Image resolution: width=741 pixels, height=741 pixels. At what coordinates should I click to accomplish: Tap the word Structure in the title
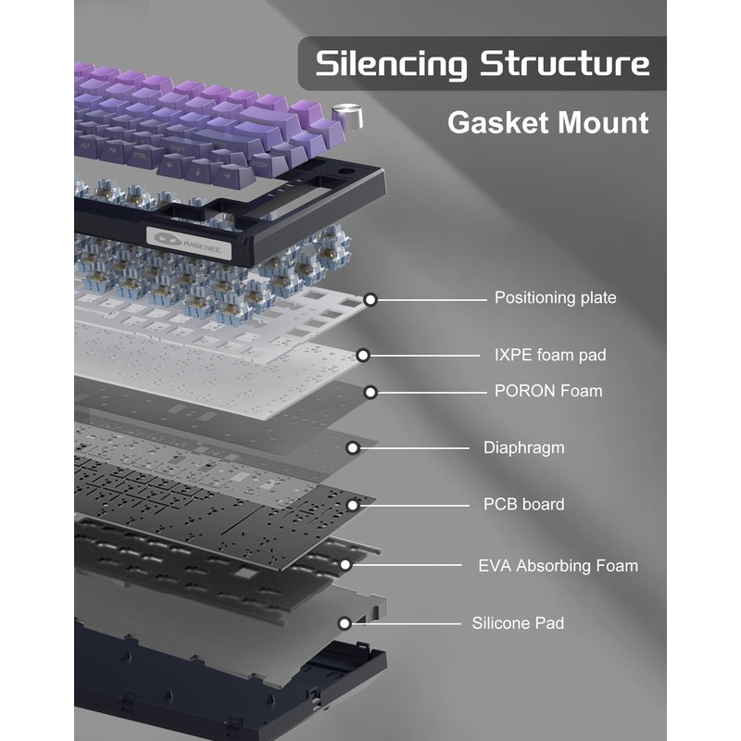(x=565, y=64)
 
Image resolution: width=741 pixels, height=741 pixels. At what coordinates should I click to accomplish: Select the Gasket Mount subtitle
(x=547, y=122)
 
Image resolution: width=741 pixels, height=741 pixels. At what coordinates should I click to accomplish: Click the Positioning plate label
(x=555, y=297)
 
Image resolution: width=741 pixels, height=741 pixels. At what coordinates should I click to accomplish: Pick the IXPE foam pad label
(x=550, y=355)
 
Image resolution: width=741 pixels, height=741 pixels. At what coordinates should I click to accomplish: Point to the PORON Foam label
(x=548, y=391)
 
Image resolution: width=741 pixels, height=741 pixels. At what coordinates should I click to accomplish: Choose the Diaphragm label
(x=523, y=447)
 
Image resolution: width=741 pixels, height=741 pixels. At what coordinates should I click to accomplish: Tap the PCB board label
(x=523, y=505)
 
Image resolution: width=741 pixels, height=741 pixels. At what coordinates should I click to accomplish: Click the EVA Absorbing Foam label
(x=558, y=565)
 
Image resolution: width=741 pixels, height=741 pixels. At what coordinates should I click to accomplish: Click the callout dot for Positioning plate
(x=370, y=299)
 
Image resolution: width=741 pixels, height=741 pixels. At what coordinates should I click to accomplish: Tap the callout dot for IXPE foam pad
(x=363, y=355)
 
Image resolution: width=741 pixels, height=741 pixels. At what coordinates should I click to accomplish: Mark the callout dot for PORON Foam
(x=370, y=392)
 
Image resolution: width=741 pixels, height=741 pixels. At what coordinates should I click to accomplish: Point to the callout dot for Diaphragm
(x=353, y=447)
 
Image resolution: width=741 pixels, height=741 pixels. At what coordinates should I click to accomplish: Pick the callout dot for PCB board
(x=353, y=505)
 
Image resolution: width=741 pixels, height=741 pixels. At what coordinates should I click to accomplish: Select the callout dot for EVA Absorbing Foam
(x=345, y=564)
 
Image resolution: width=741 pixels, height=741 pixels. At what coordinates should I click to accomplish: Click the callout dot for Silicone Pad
(x=345, y=623)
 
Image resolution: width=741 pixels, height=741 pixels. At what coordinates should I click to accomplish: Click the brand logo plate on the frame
(x=184, y=237)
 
